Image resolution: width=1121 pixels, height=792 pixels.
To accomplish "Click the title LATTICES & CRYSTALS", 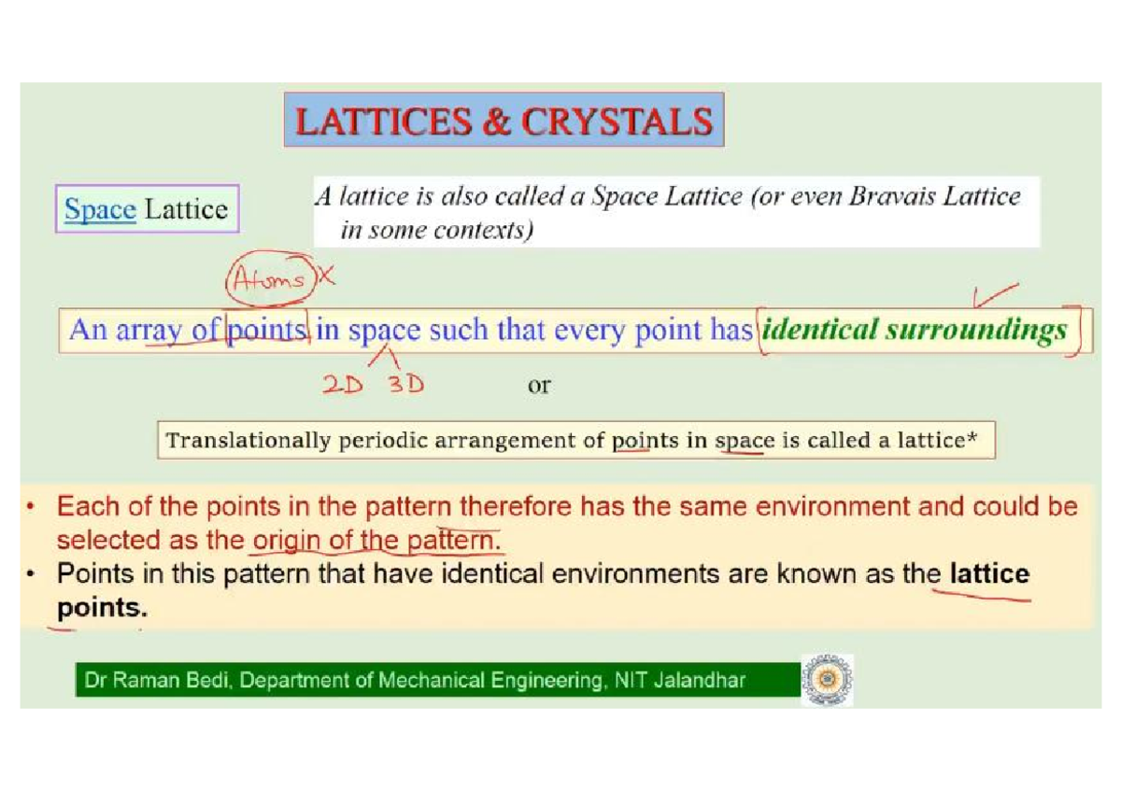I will point(504,120).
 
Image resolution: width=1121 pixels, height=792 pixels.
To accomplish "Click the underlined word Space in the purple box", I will point(100,209).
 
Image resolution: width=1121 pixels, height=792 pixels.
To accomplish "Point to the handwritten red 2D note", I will point(342,385).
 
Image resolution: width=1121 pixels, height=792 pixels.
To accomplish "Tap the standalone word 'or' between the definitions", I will point(539,385).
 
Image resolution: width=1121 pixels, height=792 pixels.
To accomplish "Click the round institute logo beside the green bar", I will point(827,681).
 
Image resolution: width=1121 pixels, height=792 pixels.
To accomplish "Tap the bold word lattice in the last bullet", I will point(989,573).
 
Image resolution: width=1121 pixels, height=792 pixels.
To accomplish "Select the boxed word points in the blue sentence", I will point(267,331).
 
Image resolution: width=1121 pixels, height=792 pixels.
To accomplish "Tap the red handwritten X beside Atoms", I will point(325,276).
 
